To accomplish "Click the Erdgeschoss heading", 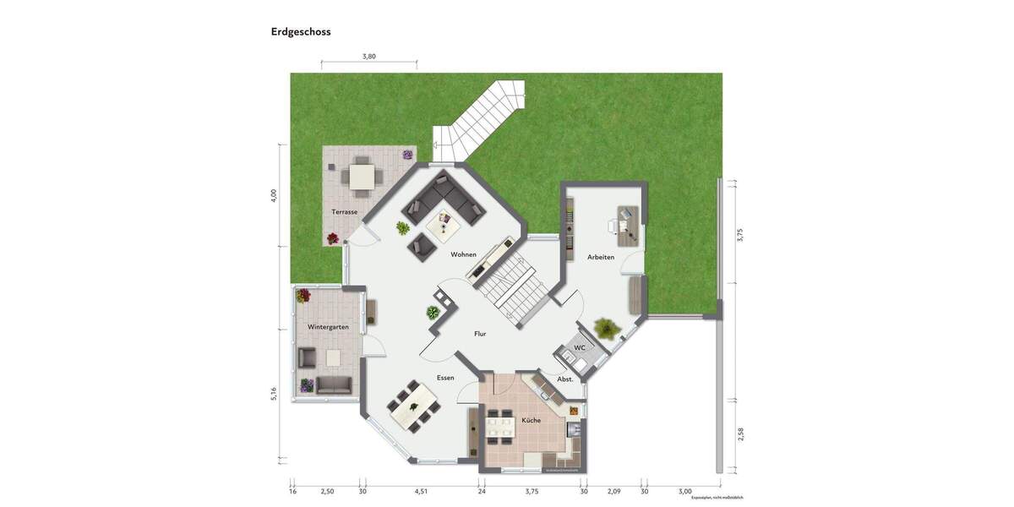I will click(301, 32).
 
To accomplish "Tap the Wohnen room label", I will click(463, 254).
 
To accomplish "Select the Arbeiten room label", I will click(601, 257).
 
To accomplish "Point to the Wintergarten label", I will click(328, 327).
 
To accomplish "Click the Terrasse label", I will click(344, 212).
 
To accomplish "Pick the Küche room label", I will click(531, 420).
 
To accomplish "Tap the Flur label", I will click(480, 334).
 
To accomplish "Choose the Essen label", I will click(445, 378).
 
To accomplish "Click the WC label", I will click(580, 348).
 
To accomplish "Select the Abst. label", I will click(565, 379).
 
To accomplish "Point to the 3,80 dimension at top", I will click(368, 57).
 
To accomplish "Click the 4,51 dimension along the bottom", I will click(421, 491).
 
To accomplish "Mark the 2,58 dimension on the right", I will click(740, 433).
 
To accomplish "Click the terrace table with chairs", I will click(362, 176).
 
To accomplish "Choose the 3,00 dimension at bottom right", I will click(684, 491).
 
